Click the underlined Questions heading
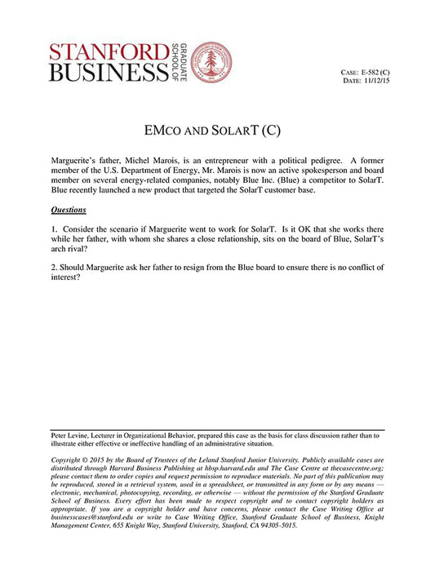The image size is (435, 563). pos(68,210)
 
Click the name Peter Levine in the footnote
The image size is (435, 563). pos(72,437)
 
